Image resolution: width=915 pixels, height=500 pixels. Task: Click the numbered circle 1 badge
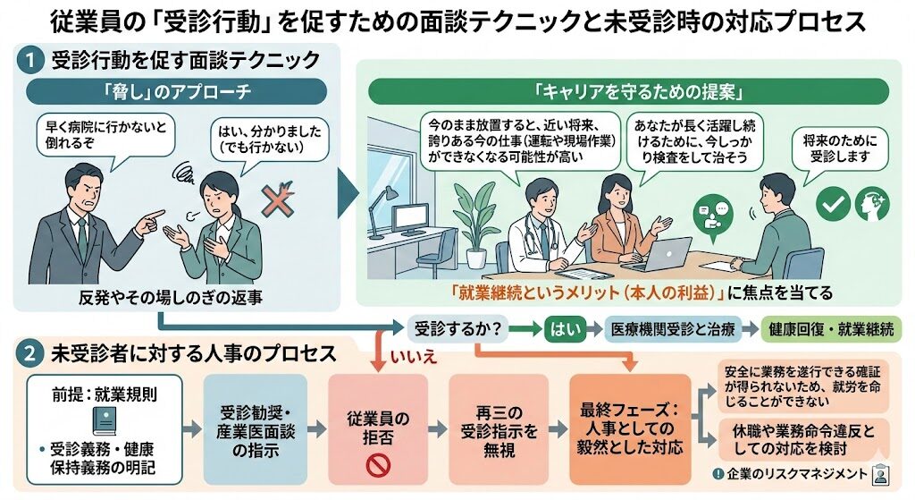[x=30, y=61]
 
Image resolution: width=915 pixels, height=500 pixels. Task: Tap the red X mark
[x=276, y=203]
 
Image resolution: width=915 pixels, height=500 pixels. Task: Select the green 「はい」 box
[x=567, y=329]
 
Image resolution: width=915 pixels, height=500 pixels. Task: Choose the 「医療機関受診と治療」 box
[x=670, y=329]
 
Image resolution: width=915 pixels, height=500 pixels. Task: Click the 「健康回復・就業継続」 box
[x=831, y=329]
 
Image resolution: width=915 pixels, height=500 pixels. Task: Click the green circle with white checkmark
[x=834, y=205]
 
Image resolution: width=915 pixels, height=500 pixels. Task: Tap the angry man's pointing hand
[x=153, y=218]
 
